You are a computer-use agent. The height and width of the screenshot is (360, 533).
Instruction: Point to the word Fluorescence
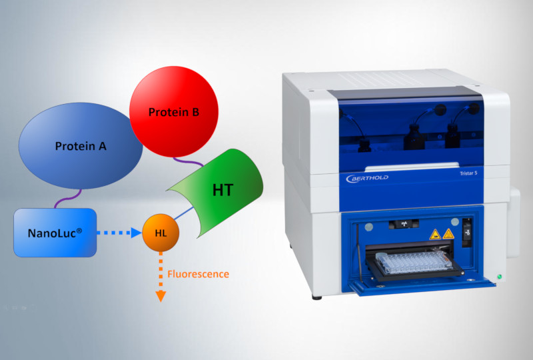pos(198,274)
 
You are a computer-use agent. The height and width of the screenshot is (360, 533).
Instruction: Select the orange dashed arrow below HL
pos(160,277)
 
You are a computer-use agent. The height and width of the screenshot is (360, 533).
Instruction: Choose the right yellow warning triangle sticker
pos(448,233)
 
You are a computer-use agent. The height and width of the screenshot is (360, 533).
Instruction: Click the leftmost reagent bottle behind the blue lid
pos(364,145)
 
